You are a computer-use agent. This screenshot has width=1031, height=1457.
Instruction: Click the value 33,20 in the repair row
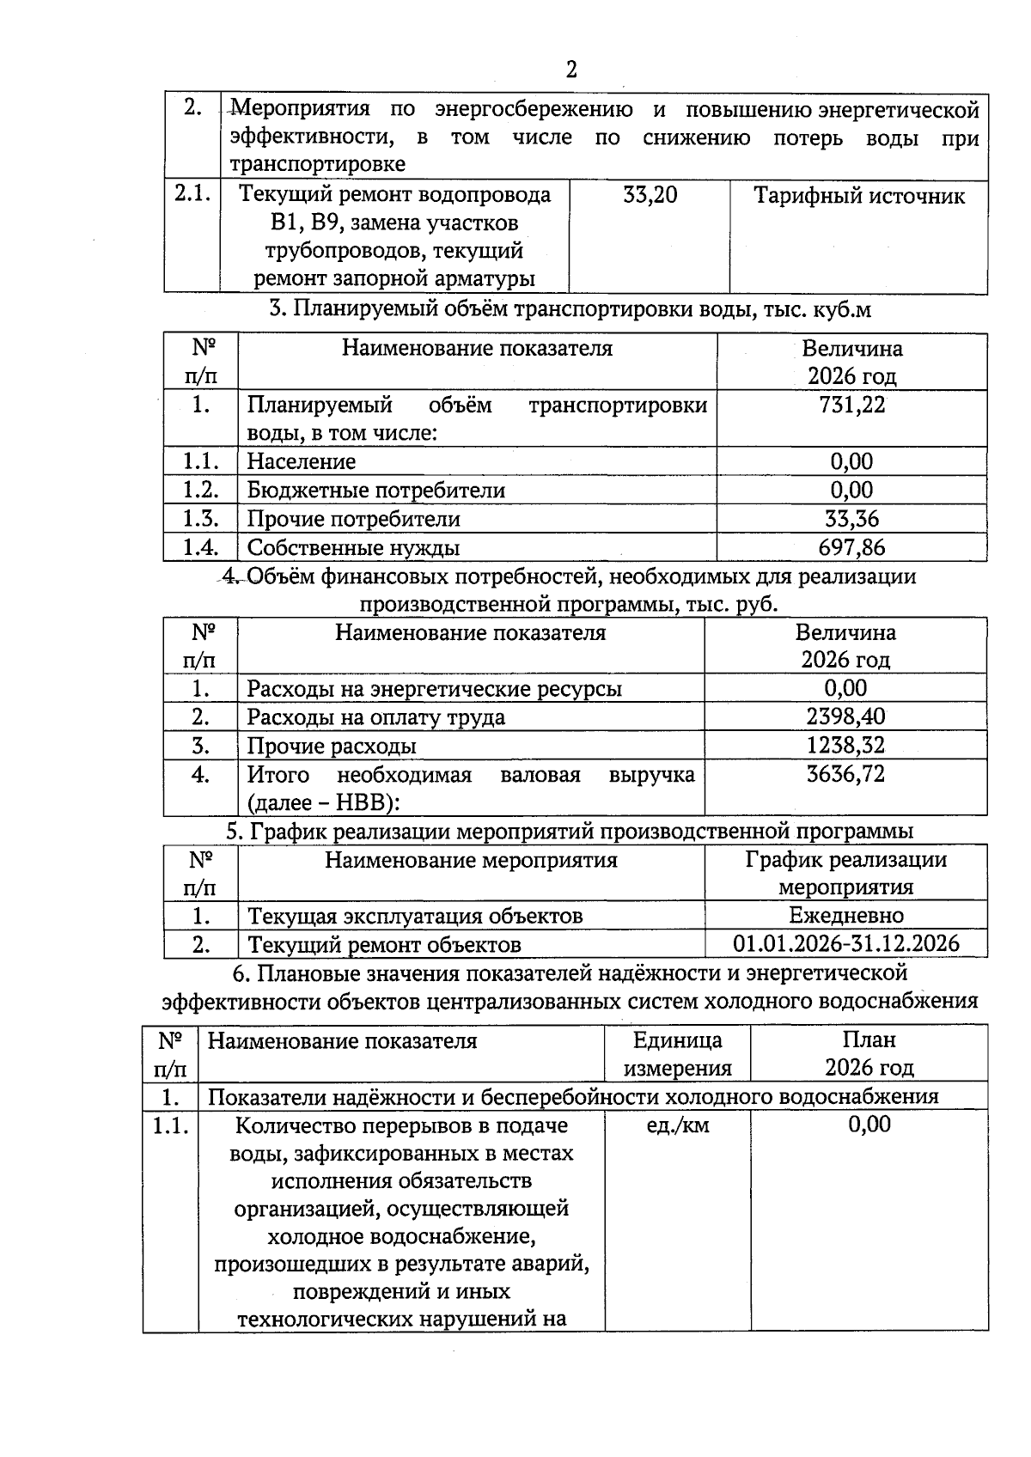pos(650,196)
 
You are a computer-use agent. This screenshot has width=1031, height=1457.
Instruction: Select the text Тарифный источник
pos(858,196)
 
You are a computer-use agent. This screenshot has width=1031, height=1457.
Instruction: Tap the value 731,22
pos(851,405)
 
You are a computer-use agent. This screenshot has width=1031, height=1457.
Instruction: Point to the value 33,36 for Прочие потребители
pos(851,519)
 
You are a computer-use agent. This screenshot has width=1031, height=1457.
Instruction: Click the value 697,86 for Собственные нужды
pos(851,548)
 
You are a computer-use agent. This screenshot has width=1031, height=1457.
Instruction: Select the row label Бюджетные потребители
pos(375,491)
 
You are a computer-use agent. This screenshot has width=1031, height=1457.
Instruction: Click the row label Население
pos(301,462)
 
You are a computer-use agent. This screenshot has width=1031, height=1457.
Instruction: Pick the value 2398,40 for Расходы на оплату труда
pos(845,716)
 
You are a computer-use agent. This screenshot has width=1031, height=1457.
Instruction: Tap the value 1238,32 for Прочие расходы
pos(845,746)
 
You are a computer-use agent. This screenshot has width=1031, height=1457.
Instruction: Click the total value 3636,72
pos(845,774)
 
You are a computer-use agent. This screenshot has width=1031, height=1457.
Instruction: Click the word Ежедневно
pos(845,916)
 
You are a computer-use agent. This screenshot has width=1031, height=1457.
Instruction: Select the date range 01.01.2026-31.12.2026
pos(845,944)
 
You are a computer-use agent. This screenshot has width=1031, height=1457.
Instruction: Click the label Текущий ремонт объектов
pos(384,945)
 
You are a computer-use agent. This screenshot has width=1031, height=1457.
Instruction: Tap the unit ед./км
pos(677,1125)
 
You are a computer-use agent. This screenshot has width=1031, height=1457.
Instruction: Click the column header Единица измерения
pos(677,1054)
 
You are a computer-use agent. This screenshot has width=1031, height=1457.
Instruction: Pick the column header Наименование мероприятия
pos(471,861)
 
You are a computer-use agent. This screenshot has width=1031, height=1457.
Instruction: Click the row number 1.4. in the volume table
pos(200,548)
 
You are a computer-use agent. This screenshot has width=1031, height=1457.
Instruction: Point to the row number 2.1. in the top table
pos(192,194)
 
